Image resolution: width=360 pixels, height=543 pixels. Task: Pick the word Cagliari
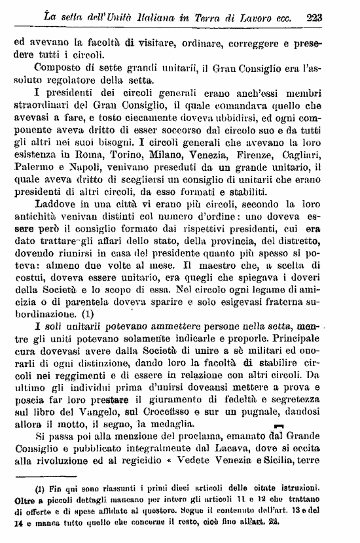pyautogui.click(x=313, y=156)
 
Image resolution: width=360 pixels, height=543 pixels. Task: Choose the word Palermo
pyautogui.click(x=33, y=168)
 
